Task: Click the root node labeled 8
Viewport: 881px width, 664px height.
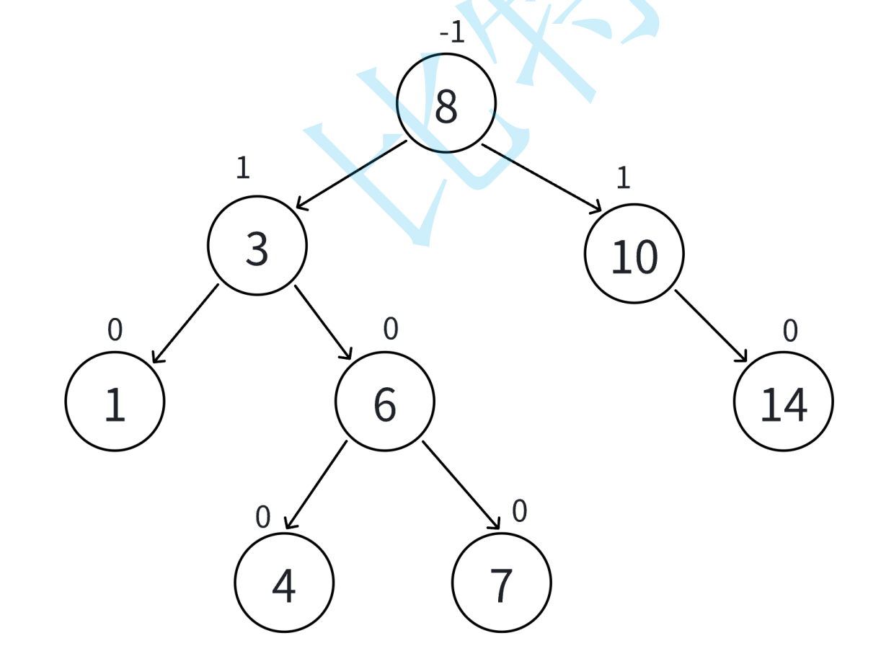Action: click(x=446, y=103)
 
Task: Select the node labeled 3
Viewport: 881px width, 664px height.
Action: click(x=257, y=246)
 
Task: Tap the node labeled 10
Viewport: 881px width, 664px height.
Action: click(x=634, y=254)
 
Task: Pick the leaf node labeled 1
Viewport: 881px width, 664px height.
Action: click(x=115, y=402)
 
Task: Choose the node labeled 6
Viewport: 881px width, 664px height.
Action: click(x=385, y=402)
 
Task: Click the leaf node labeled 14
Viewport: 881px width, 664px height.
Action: click(x=784, y=402)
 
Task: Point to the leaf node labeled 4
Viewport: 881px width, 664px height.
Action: click(x=284, y=583)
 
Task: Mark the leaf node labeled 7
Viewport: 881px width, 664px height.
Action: click(x=502, y=583)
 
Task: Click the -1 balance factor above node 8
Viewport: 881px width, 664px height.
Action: click(x=452, y=33)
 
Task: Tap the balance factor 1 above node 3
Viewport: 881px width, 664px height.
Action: click(x=243, y=168)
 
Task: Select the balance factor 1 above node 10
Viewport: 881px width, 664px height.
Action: click(x=623, y=177)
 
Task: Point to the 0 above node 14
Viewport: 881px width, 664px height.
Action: click(x=790, y=331)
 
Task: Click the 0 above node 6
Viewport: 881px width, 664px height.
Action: click(x=391, y=329)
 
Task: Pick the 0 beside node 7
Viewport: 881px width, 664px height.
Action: click(x=520, y=511)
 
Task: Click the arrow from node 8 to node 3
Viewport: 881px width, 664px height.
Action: click(x=352, y=175)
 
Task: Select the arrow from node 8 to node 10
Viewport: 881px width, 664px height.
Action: click(x=541, y=178)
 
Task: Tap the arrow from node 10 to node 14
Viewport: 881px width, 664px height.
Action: click(x=711, y=326)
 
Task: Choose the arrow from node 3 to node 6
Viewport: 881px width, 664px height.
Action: click(x=323, y=322)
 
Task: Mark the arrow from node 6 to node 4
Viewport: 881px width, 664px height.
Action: click(x=316, y=485)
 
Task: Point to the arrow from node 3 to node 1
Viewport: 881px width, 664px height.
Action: click(x=185, y=324)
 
